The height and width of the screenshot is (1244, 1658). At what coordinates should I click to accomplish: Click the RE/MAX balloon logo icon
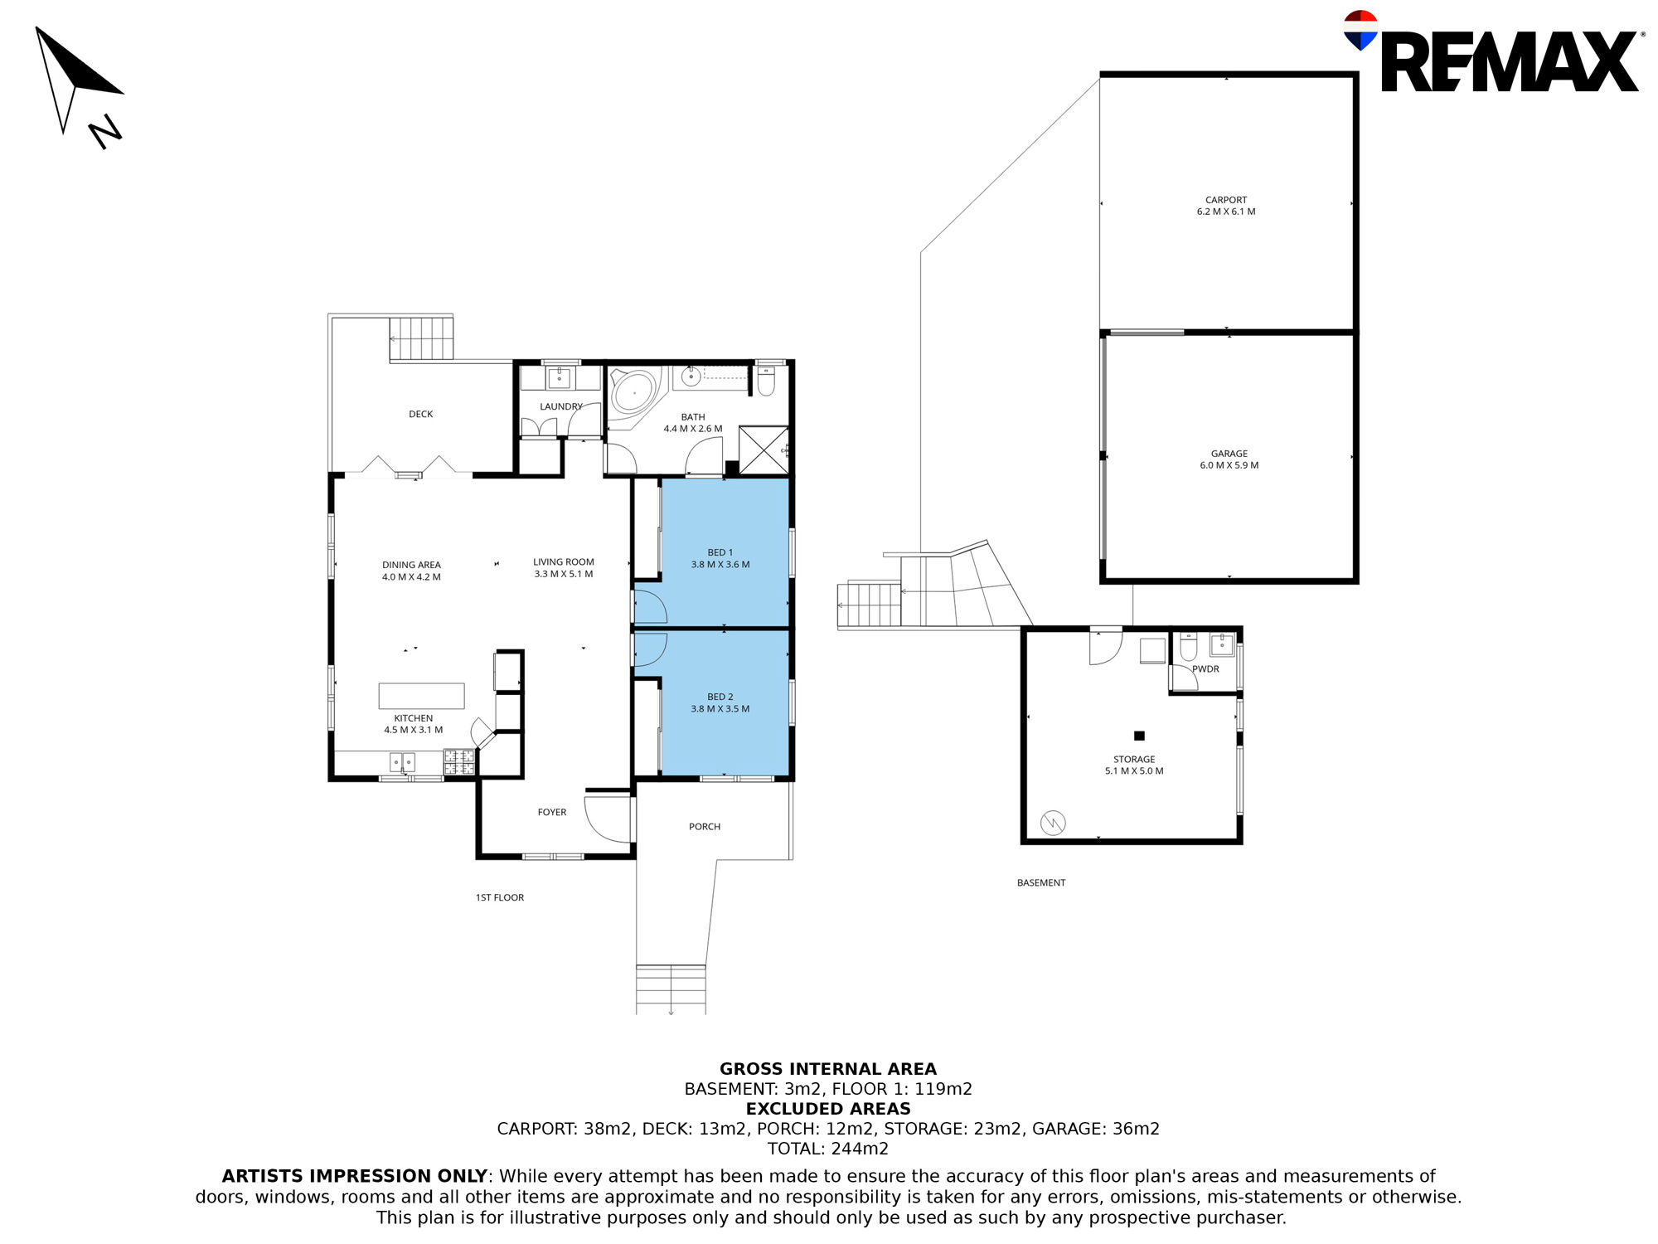tap(1360, 30)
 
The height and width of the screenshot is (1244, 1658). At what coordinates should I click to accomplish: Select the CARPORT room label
tap(1226, 200)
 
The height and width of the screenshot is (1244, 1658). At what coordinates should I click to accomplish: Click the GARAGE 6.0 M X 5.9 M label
tap(1229, 459)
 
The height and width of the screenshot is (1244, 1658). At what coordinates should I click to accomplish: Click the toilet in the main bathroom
tap(766, 381)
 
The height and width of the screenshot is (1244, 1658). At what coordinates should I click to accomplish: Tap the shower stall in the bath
tap(764, 450)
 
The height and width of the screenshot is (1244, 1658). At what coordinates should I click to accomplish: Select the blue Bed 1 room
tap(725, 552)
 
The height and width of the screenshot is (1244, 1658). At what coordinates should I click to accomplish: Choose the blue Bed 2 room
tap(725, 703)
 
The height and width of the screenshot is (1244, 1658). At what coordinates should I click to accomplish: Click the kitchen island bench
tap(421, 696)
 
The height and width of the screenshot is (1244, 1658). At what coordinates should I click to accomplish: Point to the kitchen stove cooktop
tap(459, 762)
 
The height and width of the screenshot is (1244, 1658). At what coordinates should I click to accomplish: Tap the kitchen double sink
tap(403, 762)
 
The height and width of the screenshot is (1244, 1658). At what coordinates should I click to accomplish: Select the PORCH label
tap(705, 827)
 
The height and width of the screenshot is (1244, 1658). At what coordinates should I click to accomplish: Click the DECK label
tap(421, 414)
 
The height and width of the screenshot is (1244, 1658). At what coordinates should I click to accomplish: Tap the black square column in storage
tap(1139, 736)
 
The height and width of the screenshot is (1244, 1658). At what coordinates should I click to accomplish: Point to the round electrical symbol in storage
tap(1053, 823)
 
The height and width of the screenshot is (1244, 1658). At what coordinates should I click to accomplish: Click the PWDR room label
tap(1205, 669)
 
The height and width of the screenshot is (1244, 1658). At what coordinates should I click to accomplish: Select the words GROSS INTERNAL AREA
tap(828, 1069)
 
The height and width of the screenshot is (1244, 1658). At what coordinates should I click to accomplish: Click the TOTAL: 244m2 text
tap(828, 1149)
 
